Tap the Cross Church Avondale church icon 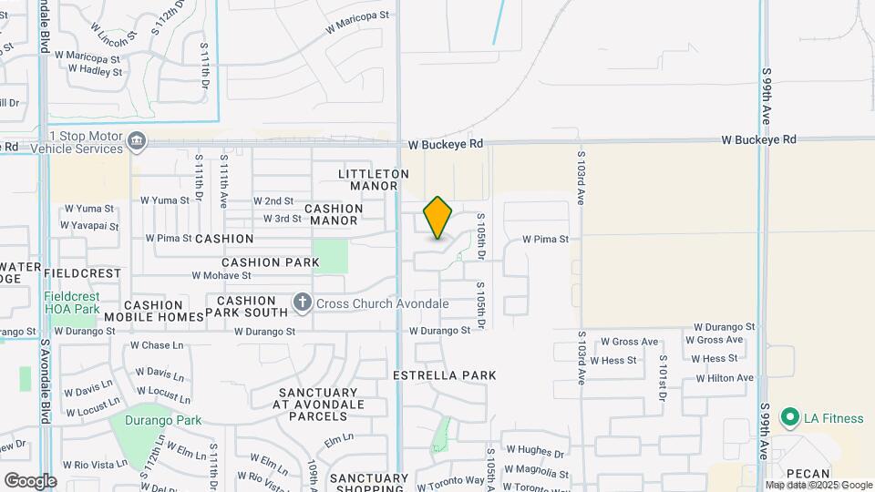click(302, 302)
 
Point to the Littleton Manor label click(374, 179)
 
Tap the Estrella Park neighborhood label click(444, 375)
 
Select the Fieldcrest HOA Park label click(71, 302)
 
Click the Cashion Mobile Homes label click(153, 311)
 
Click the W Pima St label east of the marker click(545, 240)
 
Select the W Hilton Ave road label click(725, 378)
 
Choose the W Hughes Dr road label click(535, 450)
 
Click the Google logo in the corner click(30, 480)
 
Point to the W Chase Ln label click(157, 346)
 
